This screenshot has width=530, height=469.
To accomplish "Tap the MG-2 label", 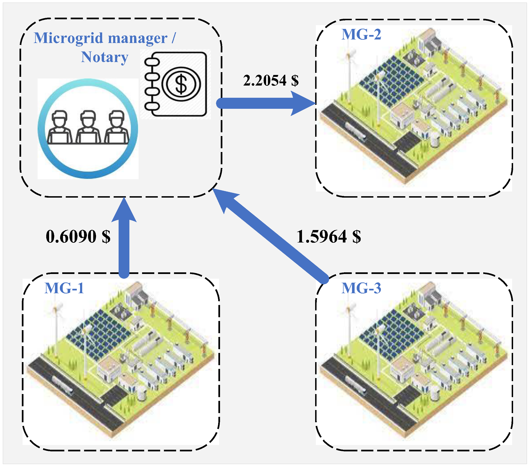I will (361, 34).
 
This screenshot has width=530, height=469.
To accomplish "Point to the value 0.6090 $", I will (78, 236).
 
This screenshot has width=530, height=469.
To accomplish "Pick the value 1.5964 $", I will (329, 236).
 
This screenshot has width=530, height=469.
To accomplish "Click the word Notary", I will (104, 57).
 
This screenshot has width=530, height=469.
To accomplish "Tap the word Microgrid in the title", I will (69, 38).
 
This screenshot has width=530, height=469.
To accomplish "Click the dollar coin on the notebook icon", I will (181, 84).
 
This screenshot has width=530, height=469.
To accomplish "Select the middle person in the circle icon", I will (88, 127).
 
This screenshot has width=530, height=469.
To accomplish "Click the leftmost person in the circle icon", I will (59, 127).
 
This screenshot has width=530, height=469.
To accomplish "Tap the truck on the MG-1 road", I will (62, 384).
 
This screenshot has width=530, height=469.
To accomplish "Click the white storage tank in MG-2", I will (435, 140).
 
